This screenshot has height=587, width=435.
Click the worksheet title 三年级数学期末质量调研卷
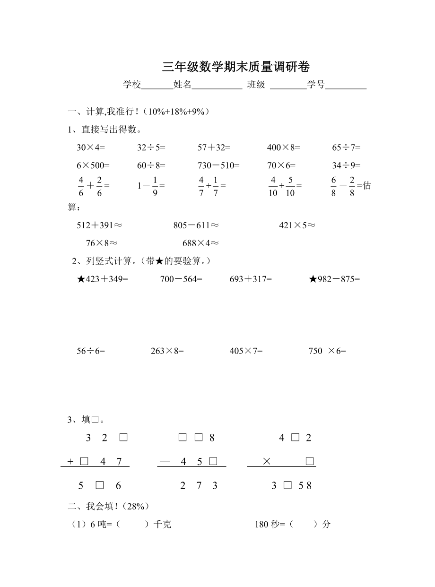point(236,67)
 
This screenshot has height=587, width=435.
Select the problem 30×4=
point(91,147)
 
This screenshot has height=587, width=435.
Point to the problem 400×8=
point(283,147)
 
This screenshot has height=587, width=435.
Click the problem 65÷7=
point(346,147)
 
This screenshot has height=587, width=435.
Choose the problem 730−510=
point(218,165)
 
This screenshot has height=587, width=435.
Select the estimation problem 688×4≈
point(200,243)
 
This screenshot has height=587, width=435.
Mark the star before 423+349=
point(80,279)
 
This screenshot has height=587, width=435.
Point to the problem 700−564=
point(181,279)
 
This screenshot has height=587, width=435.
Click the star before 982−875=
point(313,279)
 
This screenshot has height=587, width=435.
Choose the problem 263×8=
point(167,351)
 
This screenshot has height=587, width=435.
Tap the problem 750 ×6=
point(327,351)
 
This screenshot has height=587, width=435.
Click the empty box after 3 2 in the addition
point(123,438)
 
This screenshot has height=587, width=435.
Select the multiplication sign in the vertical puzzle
point(266,462)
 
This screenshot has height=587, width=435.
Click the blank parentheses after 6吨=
point(132,525)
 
